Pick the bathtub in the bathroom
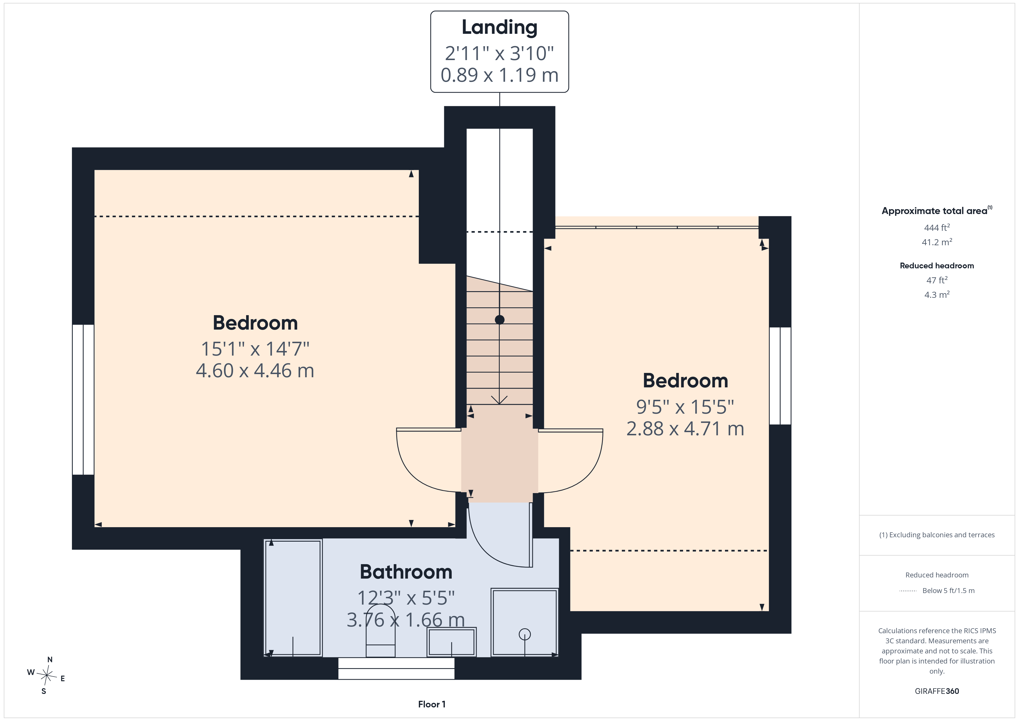(293, 598)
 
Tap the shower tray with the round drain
(525, 622)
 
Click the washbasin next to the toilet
(451, 642)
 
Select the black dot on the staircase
(500, 320)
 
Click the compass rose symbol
(47, 675)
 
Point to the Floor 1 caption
(432, 704)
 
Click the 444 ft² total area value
(937, 227)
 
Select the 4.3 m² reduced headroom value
(937, 294)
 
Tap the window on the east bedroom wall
(780, 376)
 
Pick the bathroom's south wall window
(396, 668)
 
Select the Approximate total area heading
(937, 211)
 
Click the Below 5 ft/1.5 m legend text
(949, 590)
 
